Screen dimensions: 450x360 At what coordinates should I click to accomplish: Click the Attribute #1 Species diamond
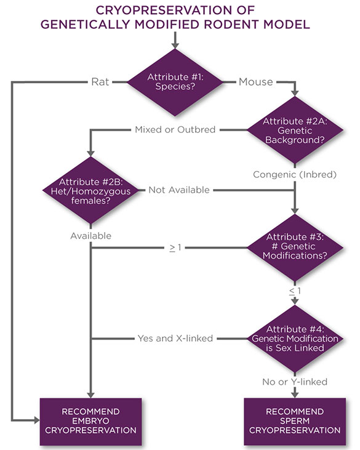175,82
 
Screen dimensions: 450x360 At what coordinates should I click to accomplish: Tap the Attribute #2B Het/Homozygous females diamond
91,190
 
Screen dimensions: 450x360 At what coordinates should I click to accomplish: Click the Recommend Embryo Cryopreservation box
91,422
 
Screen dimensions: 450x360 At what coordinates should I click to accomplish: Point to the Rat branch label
100,81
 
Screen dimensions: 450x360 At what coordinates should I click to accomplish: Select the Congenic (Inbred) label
295,175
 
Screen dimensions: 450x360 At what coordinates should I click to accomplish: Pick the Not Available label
179,190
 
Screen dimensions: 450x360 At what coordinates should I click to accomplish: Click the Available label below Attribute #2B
91,235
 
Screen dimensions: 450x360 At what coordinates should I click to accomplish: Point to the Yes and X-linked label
175,338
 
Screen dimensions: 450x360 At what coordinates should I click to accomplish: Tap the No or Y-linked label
295,382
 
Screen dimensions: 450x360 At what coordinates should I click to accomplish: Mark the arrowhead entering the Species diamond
175,46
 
